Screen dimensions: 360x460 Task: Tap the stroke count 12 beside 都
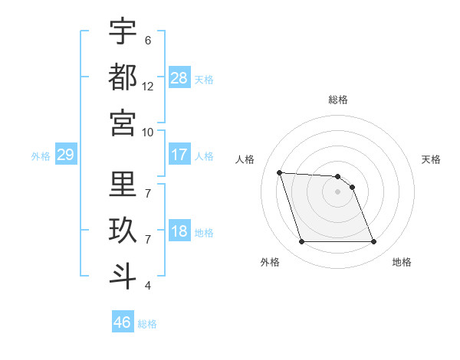point(148,87)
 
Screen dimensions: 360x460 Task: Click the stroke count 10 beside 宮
point(148,132)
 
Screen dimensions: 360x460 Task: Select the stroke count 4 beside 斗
point(148,286)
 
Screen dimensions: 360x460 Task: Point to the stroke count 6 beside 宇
point(148,41)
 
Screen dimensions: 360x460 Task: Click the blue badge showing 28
point(179,77)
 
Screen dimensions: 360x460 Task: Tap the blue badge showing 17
point(179,155)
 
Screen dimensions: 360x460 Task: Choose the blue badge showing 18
point(179,231)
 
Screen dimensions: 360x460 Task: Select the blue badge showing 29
point(65,155)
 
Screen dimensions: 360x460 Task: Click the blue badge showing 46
point(123,322)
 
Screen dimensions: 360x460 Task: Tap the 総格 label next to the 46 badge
point(147,324)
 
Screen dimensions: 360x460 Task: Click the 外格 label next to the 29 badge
point(41,156)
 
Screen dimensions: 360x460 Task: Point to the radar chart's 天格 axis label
point(431,159)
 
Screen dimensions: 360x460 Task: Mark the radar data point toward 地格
point(373,242)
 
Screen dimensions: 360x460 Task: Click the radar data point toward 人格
point(279,172)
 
